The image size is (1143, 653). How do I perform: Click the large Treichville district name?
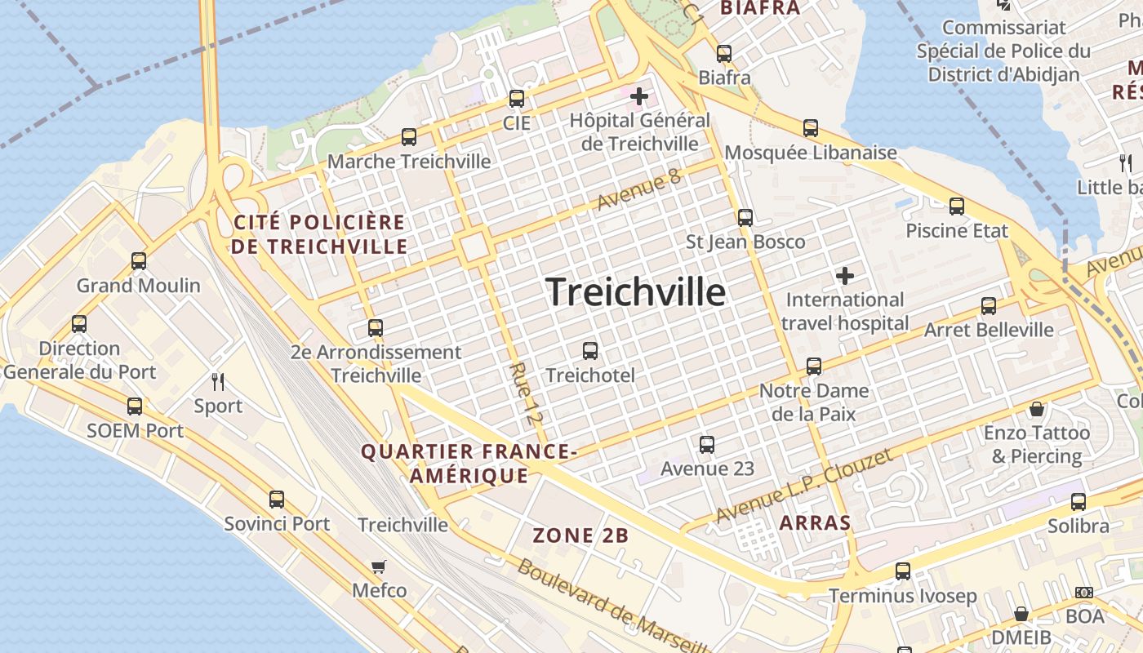tap(635, 291)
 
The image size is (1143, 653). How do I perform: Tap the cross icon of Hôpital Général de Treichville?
tap(638, 96)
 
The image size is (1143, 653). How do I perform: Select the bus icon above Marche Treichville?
tap(409, 137)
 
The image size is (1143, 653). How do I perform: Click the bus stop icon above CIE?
tap(516, 99)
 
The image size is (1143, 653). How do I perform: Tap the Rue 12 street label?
tap(525, 394)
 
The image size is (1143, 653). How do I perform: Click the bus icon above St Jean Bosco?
tap(745, 218)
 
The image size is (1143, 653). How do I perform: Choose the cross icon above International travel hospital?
tap(845, 276)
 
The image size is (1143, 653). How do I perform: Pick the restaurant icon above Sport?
tap(218, 381)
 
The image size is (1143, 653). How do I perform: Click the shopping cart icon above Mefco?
tap(379, 566)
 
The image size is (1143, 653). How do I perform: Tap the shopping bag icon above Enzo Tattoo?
tap(1037, 408)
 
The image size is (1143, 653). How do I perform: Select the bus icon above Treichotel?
tap(589, 351)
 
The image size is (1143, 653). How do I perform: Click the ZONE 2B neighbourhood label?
tap(580, 535)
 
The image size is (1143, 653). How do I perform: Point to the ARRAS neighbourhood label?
tap(815, 522)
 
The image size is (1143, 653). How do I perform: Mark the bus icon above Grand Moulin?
tap(139, 261)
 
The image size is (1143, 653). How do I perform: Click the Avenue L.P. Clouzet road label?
tap(803, 486)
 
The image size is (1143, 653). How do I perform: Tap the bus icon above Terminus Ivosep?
tap(902, 571)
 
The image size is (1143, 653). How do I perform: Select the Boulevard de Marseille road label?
tap(604, 604)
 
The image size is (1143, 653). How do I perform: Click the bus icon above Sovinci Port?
tap(277, 500)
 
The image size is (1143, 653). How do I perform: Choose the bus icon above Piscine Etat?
tap(957, 207)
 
